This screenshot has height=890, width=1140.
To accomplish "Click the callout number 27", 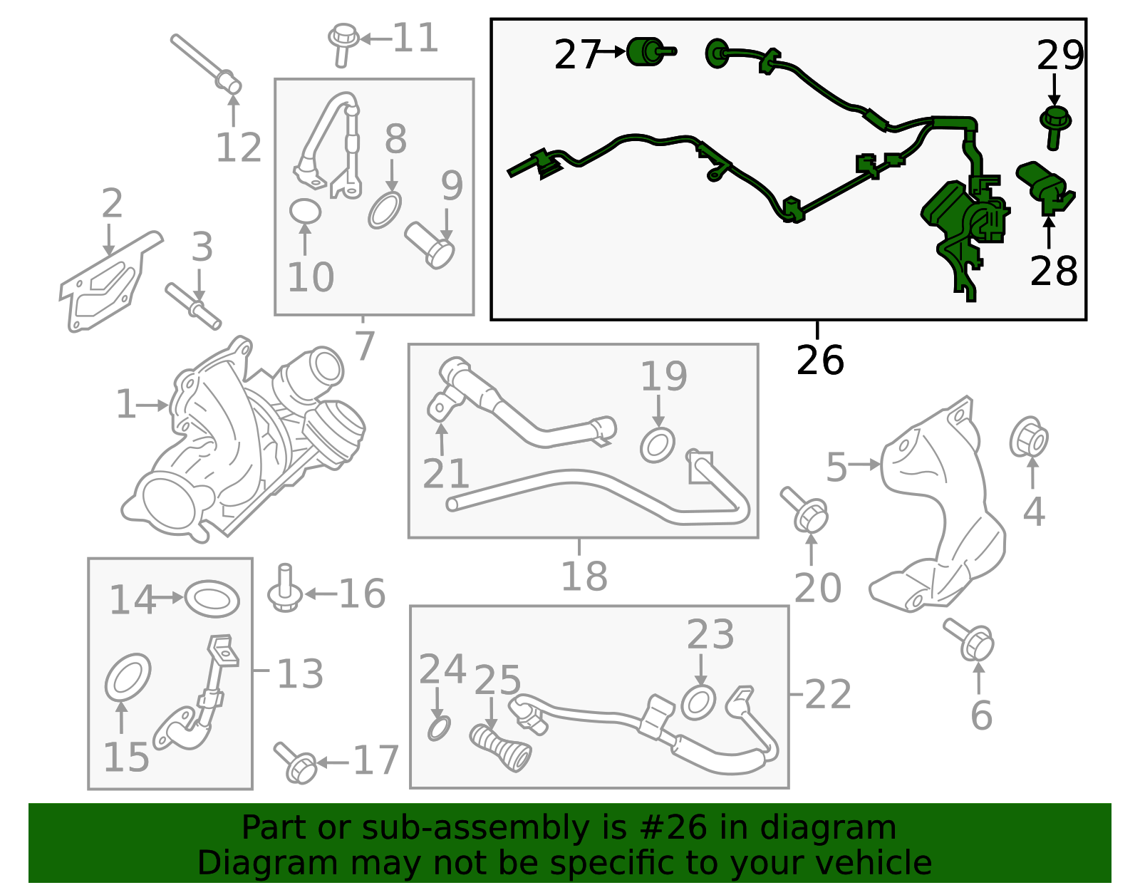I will (575, 55).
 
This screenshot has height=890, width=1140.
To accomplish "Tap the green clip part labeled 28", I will (1045, 187).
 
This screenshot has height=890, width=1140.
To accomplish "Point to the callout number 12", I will (239, 148).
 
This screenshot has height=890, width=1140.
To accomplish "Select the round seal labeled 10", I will (305, 211).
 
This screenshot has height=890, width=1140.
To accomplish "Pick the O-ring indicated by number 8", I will (385, 210).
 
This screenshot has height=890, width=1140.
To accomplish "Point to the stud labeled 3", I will (193, 306).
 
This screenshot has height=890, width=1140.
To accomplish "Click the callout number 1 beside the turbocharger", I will (125, 405).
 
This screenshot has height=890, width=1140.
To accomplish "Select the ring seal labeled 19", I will (657, 445).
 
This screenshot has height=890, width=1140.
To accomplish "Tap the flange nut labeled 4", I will (1028, 437).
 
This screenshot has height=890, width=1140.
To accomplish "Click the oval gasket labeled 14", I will (212, 599).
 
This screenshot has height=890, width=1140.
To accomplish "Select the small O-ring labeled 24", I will (439, 728).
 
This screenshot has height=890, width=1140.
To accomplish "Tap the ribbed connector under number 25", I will (501, 747).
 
